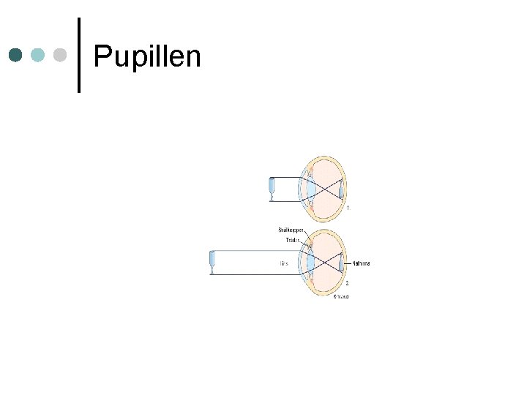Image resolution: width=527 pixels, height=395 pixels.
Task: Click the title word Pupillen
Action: (x=147, y=56)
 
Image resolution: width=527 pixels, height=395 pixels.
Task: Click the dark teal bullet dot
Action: (x=16, y=55)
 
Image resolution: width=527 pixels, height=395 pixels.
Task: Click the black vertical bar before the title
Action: (x=78, y=55)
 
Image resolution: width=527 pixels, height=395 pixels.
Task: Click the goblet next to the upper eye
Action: (x=272, y=189)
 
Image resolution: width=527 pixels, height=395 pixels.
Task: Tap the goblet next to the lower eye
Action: (x=212, y=263)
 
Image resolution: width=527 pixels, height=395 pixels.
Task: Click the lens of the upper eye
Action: (x=311, y=189)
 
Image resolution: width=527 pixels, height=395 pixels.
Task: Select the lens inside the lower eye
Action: (x=311, y=263)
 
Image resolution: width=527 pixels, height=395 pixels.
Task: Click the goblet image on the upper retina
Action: (x=341, y=189)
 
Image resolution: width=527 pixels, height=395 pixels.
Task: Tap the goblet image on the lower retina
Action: (x=341, y=263)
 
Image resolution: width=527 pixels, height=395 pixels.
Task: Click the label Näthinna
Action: (x=361, y=263)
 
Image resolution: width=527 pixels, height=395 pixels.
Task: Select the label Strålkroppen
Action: (x=291, y=230)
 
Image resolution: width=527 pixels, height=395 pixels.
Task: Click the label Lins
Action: (x=283, y=263)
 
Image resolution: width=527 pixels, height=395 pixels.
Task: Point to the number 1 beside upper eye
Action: (x=348, y=208)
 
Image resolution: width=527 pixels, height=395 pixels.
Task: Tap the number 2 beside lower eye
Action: (x=348, y=282)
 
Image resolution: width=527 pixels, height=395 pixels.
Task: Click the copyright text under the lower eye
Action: (x=341, y=296)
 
